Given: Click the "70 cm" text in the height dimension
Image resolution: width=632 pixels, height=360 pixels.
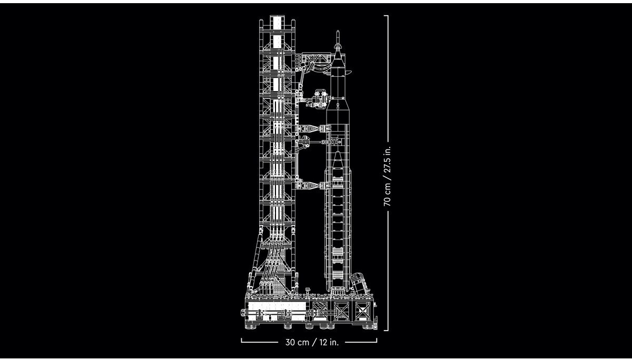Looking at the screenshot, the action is point(388,195).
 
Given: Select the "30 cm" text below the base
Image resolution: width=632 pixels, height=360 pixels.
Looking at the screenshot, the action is point(297,342).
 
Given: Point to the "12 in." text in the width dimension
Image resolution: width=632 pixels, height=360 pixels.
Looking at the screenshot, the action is point(327,342).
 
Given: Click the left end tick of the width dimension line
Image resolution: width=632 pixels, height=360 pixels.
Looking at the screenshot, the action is point(242,340).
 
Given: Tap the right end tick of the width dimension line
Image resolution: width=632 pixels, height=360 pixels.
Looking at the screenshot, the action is point(377,340).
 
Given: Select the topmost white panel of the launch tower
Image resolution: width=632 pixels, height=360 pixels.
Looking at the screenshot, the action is point(277,24).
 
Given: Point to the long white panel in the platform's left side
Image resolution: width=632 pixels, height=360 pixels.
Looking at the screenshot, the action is point(274,306).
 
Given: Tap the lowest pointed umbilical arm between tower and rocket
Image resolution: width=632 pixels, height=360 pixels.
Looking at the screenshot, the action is point(311,185).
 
